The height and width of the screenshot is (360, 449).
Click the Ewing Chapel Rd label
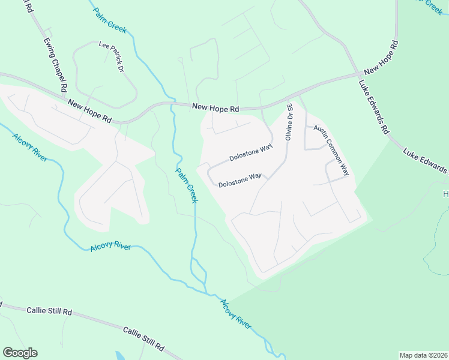point(56,66)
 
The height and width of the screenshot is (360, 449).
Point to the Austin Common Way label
point(332,151)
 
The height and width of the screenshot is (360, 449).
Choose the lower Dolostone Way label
point(240,179)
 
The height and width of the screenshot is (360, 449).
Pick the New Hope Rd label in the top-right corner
point(381,58)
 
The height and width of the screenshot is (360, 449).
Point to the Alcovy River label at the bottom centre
point(235,314)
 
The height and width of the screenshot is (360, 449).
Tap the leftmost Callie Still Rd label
point(49,311)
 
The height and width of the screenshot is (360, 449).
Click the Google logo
point(20,353)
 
